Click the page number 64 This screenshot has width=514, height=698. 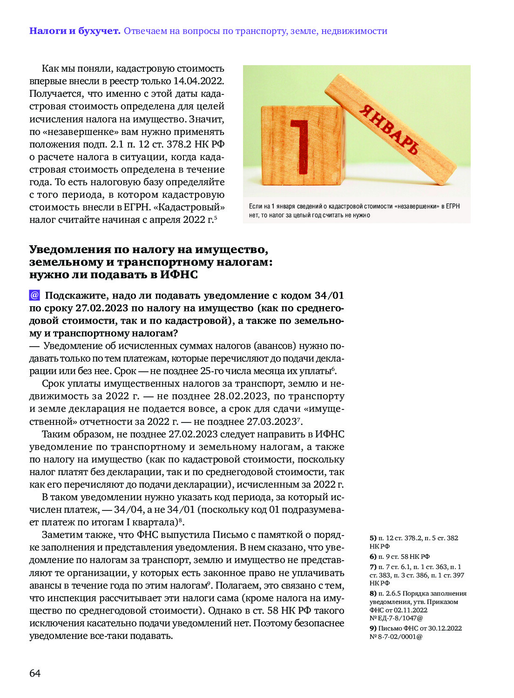point(35,673)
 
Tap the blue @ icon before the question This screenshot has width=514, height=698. point(34,295)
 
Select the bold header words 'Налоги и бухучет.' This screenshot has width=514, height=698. point(75,31)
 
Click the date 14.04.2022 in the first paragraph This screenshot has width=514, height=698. point(198,81)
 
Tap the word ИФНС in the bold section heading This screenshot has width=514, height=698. point(179,275)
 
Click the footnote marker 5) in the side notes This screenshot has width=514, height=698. point(373,538)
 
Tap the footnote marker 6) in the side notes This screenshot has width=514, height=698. point(373,557)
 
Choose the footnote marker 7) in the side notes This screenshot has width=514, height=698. point(373,567)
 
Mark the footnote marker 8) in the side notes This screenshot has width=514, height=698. point(373,593)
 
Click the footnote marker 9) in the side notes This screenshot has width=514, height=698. point(373,628)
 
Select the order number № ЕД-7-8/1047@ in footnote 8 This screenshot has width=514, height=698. point(396,618)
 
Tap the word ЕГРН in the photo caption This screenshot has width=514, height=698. point(453,206)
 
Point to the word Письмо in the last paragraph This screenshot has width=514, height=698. point(228,535)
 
